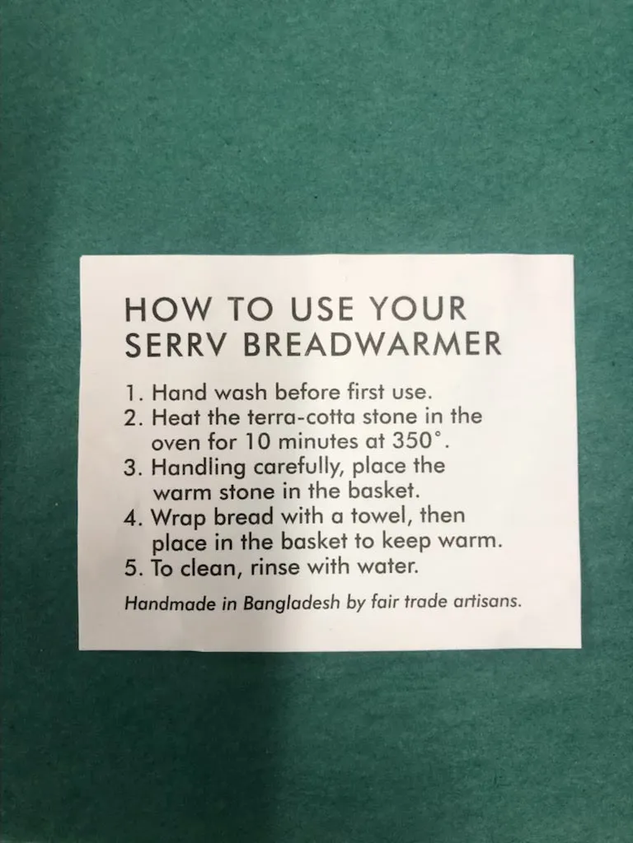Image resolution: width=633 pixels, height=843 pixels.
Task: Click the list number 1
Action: (x=132, y=393)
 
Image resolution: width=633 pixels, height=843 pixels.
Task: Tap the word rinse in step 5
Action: (x=274, y=567)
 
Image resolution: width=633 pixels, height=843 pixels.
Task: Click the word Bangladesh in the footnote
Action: (x=293, y=603)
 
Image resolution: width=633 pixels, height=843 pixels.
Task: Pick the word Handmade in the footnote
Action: (x=171, y=603)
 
